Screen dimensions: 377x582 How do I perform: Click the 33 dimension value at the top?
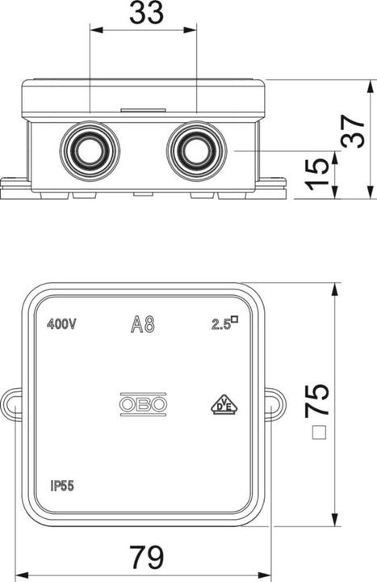tap(146, 13)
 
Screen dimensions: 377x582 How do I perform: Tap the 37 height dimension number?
tap(353, 132)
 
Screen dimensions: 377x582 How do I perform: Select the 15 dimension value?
tap(318, 175)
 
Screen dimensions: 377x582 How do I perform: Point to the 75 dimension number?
tap(316, 399)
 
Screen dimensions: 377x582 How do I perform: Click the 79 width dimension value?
tap(147, 557)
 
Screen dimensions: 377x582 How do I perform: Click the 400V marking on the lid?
tap(61, 324)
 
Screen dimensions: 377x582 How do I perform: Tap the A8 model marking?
tap(143, 323)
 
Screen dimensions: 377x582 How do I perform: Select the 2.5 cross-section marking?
tap(224, 323)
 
